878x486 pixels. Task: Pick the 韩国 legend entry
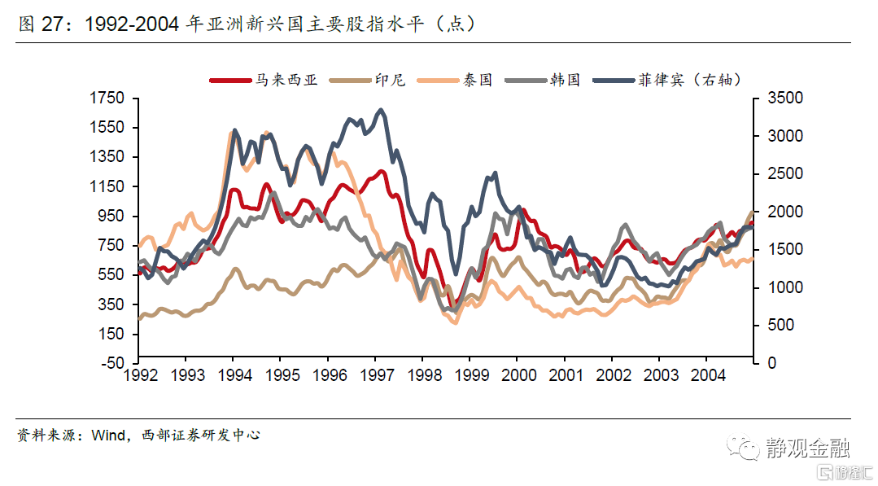564,80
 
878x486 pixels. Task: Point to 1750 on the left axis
108,98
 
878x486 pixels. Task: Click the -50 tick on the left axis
113,363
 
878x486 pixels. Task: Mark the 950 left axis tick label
111,216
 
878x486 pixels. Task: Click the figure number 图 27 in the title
40,24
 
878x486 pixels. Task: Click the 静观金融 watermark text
807,447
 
